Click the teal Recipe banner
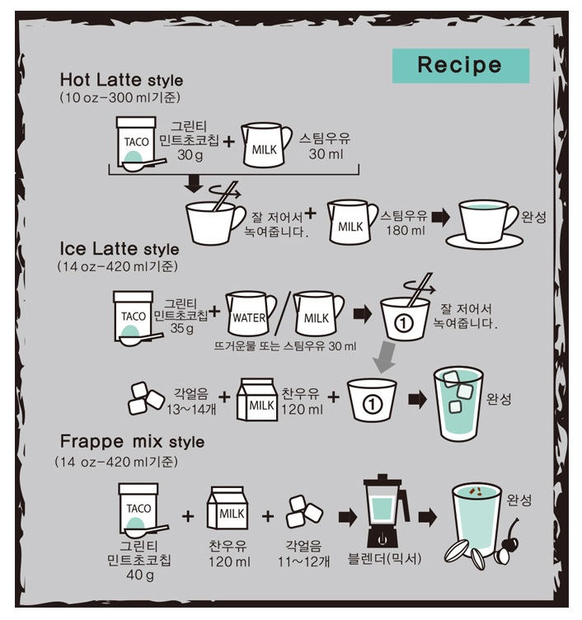(x=461, y=66)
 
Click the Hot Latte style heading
(x=121, y=79)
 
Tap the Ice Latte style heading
(x=120, y=249)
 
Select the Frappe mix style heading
(x=132, y=441)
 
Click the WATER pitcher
(x=251, y=314)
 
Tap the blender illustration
(x=385, y=511)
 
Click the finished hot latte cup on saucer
(x=486, y=224)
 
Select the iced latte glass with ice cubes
(x=458, y=404)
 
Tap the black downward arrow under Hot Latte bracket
(x=194, y=184)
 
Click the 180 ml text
(x=406, y=230)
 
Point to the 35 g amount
(x=182, y=329)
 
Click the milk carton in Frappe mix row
(x=228, y=508)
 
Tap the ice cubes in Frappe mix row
(x=304, y=512)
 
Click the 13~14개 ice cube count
(x=191, y=409)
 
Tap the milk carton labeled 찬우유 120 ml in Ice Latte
(x=256, y=399)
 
